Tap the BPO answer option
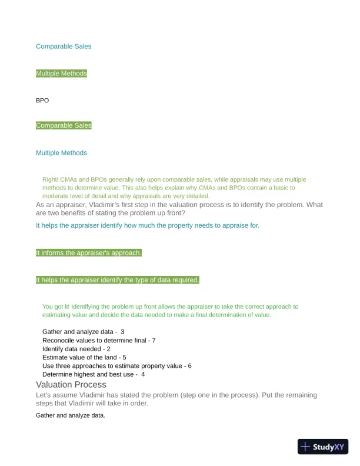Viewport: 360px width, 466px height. pyautogui.click(x=42, y=101)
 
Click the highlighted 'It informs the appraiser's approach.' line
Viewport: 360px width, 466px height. pyautogui.click(x=89, y=253)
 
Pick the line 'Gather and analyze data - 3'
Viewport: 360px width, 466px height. pyautogui.click(x=83, y=332)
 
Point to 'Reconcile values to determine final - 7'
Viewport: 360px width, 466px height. pyautogui.click(x=99, y=340)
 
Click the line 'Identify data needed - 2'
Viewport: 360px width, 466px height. pyautogui.click(x=76, y=349)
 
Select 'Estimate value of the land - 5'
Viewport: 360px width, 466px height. pyautogui.click(x=84, y=357)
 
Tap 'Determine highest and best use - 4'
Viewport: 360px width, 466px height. pyautogui.click(x=94, y=374)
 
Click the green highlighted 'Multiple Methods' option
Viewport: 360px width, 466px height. pyautogui.click(x=61, y=74)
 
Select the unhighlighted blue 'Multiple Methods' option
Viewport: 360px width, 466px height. pyautogui.click(x=61, y=153)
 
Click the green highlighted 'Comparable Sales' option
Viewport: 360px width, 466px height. pyautogui.click(x=64, y=125)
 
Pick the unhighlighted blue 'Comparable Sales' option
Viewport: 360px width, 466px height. pyautogui.click(x=64, y=46)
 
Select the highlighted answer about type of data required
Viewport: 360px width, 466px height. pyautogui.click(x=118, y=280)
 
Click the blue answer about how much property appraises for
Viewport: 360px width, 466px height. pyautogui.click(x=148, y=225)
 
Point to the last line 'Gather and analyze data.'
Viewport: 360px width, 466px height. pyautogui.click(x=71, y=415)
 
